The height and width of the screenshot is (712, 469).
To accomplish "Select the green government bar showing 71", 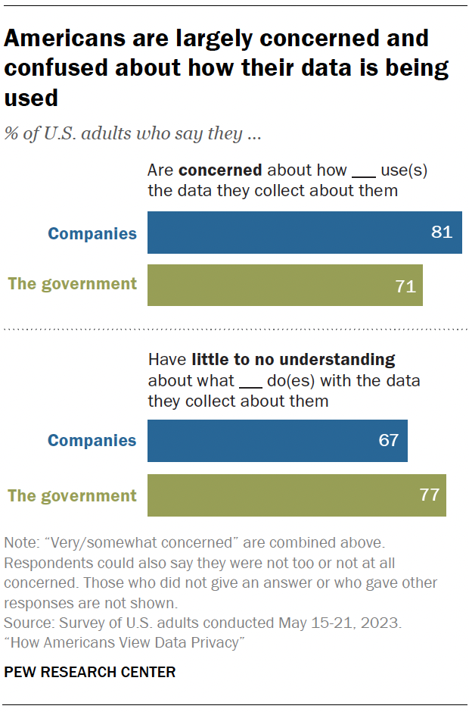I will pyautogui.click(x=284, y=286).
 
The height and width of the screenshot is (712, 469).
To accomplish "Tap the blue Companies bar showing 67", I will pyautogui.click(x=277, y=441).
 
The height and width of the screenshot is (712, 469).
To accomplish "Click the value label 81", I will pyautogui.click(x=441, y=233).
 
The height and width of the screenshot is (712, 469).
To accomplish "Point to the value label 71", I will pyautogui.click(x=405, y=286).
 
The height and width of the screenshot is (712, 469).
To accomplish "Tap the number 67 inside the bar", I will pyautogui.click(x=388, y=441).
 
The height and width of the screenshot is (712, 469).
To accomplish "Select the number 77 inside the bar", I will pyautogui.click(x=429, y=496).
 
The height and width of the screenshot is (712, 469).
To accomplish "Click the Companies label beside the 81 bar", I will pyautogui.click(x=92, y=233).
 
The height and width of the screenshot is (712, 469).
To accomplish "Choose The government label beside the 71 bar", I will pyautogui.click(x=73, y=284).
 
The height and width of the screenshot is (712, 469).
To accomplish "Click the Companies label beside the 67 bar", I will pyautogui.click(x=92, y=441).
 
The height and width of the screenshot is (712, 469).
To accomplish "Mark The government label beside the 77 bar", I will pyautogui.click(x=73, y=496).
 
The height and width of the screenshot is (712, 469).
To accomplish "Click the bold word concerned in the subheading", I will pyautogui.click(x=220, y=170).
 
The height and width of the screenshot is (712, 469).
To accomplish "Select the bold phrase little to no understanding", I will pyautogui.click(x=294, y=359).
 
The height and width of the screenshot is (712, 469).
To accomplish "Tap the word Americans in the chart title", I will pyautogui.click(x=64, y=38).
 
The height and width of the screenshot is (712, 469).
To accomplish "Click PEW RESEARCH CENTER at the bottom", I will pyautogui.click(x=89, y=672).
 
